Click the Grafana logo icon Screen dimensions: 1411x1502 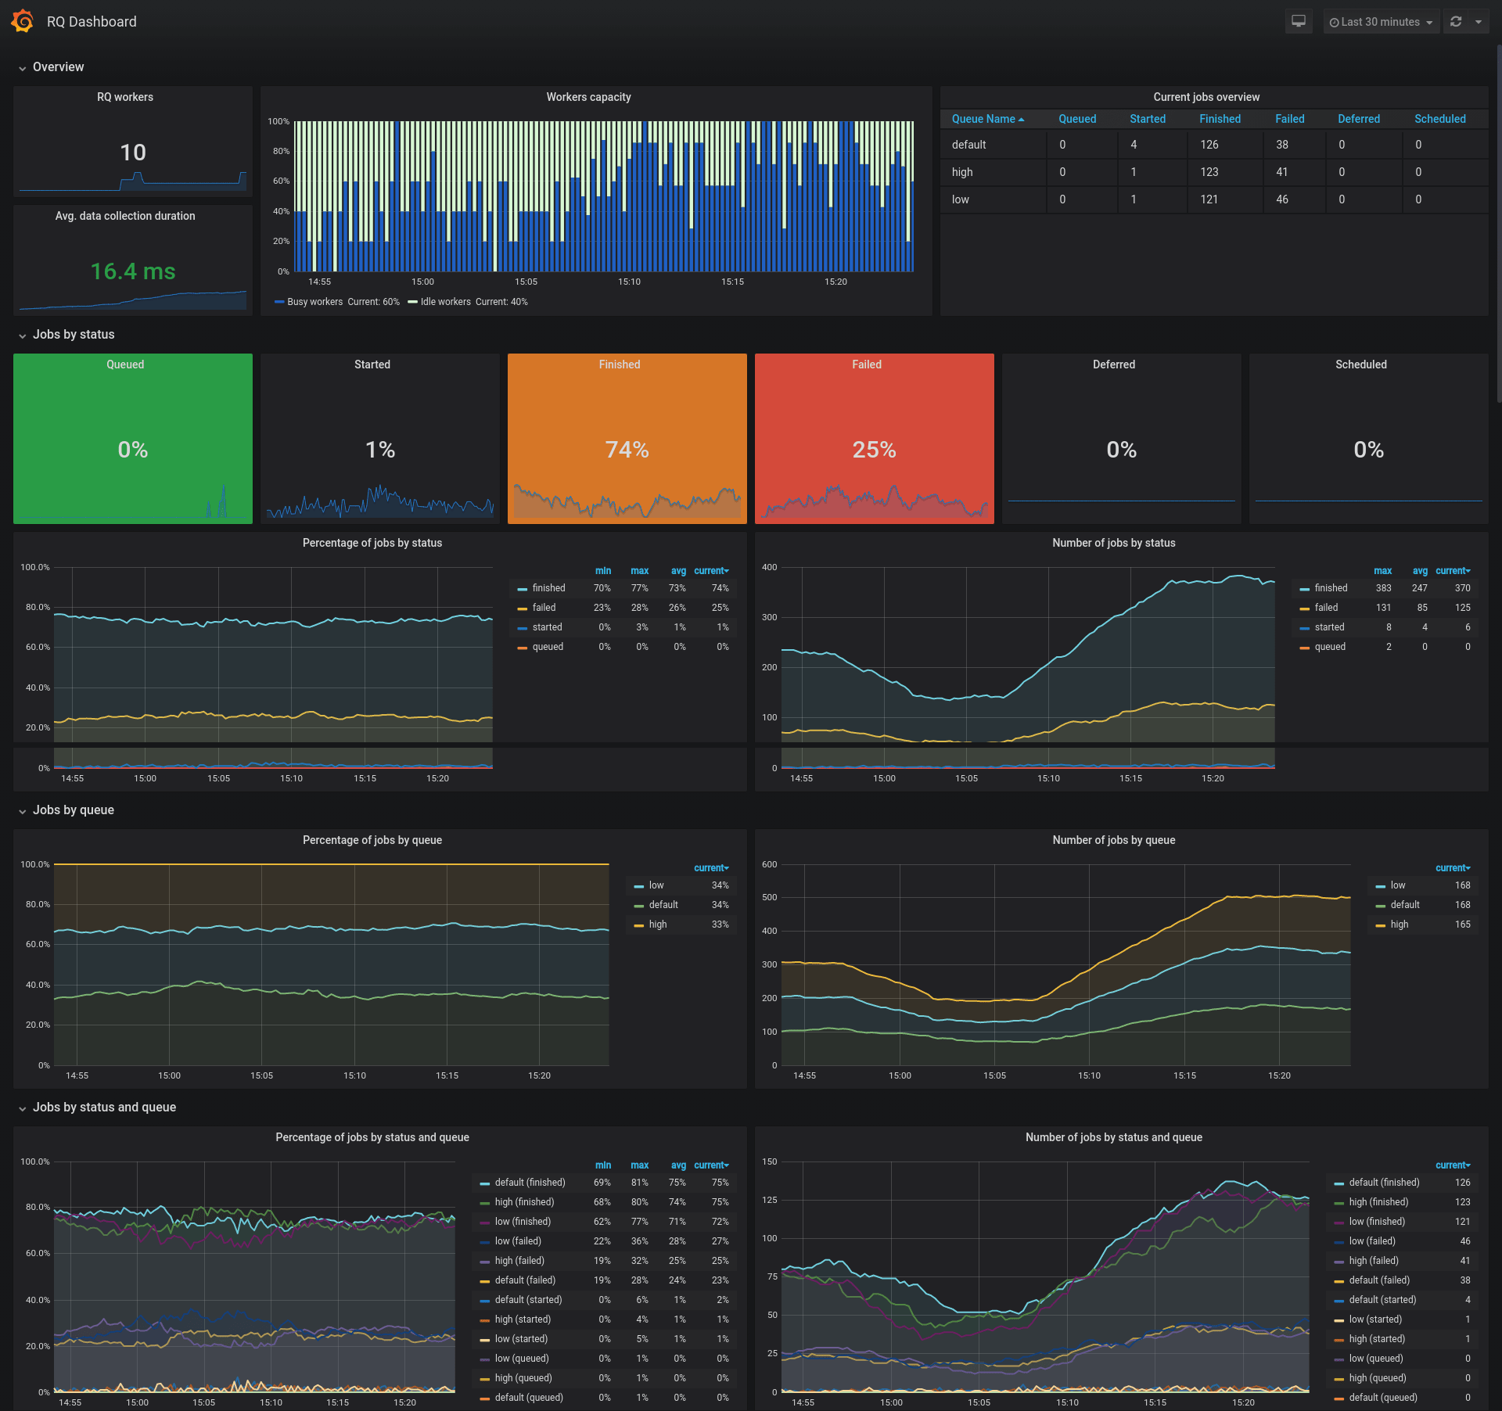point(23,21)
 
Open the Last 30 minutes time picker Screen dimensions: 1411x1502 point(1381,22)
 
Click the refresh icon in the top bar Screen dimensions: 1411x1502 point(1456,22)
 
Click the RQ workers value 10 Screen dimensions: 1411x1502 point(133,153)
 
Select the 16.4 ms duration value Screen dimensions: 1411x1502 point(133,271)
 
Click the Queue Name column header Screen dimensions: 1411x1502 point(983,119)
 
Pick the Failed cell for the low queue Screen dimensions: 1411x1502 point(1282,199)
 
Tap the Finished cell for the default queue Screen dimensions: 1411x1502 point(1209,145)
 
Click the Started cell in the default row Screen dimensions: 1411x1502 point(1134,145)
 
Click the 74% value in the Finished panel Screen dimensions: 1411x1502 point(627,450)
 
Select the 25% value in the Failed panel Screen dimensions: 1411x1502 point(874,450)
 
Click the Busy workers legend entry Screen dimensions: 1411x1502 point(314,302)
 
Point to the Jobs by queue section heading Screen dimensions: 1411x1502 point(74,810)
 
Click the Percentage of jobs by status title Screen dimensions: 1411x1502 point(372,543)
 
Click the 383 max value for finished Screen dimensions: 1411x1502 point(1383,588)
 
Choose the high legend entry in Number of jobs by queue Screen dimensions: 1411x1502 point(1399,925)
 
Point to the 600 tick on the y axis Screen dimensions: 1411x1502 point(770,864)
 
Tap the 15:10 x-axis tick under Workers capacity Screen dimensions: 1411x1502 point(629,282)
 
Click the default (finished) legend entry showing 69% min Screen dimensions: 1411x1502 point(530,1183)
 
